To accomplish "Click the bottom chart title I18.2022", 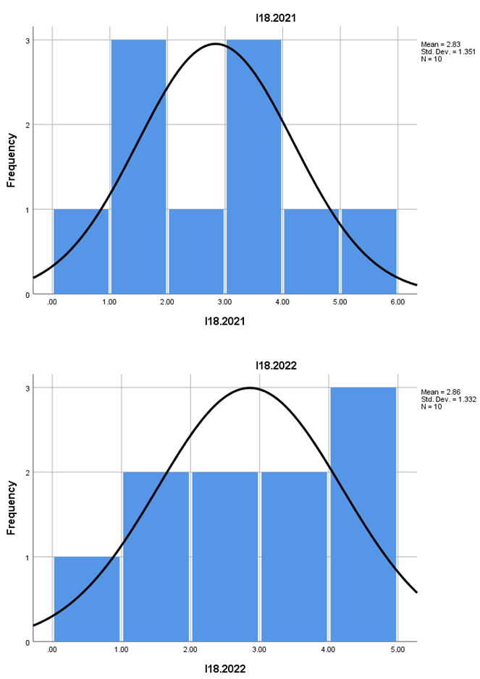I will [x=224, y=366].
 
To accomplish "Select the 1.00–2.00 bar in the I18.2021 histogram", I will [x=138, y=166].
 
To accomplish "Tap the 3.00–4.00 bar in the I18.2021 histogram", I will [x=253, y=166].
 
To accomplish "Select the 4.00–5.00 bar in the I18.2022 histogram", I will [x=363, y=514].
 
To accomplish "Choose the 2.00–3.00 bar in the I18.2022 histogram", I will [x=224, y=557].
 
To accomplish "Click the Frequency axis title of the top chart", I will [x=12, y=160].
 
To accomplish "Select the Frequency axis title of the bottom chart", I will [x=12, y=508].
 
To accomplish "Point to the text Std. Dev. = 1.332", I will [x=446, y=399].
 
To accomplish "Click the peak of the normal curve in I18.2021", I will [x=215, y=43].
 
